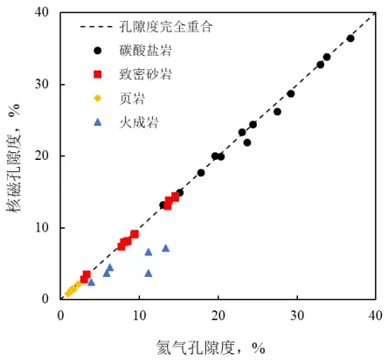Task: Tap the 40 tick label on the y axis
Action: (42, 13)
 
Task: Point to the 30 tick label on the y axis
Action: (42, 85)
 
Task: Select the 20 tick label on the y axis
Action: (42, 156)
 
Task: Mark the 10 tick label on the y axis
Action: (42, 227)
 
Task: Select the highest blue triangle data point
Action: (166, 248)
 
